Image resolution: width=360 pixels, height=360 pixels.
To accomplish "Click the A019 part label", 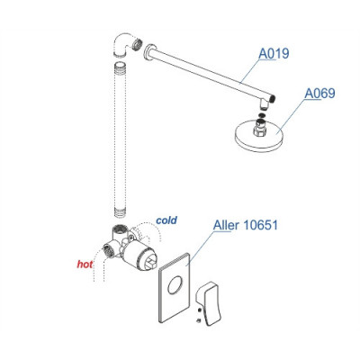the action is (274, 54).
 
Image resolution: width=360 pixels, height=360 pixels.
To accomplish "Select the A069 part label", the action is (319, 94).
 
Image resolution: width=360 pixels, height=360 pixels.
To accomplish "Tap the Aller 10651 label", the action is (246, 225).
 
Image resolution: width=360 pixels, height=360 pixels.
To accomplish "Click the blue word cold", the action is (166, 220).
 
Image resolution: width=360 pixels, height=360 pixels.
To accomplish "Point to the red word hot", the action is (85, 265).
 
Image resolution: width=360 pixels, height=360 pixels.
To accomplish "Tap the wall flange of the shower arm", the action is (148, 53).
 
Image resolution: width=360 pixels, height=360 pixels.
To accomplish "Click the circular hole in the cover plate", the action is (174, 285).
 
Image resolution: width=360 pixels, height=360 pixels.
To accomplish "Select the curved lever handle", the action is (208, 303).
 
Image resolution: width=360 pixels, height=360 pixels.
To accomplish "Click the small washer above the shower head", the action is (261, 115).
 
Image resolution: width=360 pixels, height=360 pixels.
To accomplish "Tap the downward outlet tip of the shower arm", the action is (264, 105).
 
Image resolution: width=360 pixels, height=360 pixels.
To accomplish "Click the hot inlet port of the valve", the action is (108, 249).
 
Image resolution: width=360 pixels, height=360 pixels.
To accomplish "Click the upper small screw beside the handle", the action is (200, 310).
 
